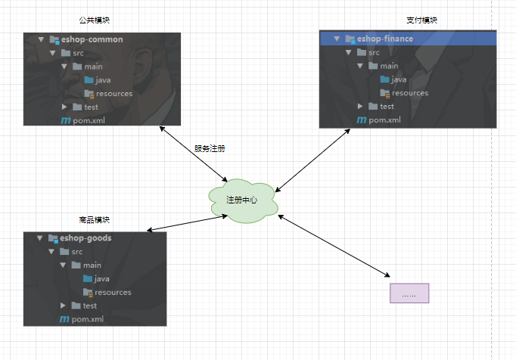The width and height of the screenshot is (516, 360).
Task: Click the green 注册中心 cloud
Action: (242, 200)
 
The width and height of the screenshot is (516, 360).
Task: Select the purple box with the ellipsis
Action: (409, 293)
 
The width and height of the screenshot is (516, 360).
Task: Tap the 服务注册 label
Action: (210, 148)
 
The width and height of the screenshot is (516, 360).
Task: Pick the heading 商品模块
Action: (94, 219)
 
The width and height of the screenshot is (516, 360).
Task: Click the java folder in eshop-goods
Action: (102, 279)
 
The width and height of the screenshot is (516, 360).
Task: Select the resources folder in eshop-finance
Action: (409, 93)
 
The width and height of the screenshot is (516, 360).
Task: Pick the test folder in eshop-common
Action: (91, 107)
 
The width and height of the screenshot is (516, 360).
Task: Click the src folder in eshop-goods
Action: (76, 252)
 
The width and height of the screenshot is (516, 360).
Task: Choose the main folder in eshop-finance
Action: (389, 66)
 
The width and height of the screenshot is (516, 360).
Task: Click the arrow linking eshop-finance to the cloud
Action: (313, 158)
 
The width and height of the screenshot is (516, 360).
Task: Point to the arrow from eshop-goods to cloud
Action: (188, 222)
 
